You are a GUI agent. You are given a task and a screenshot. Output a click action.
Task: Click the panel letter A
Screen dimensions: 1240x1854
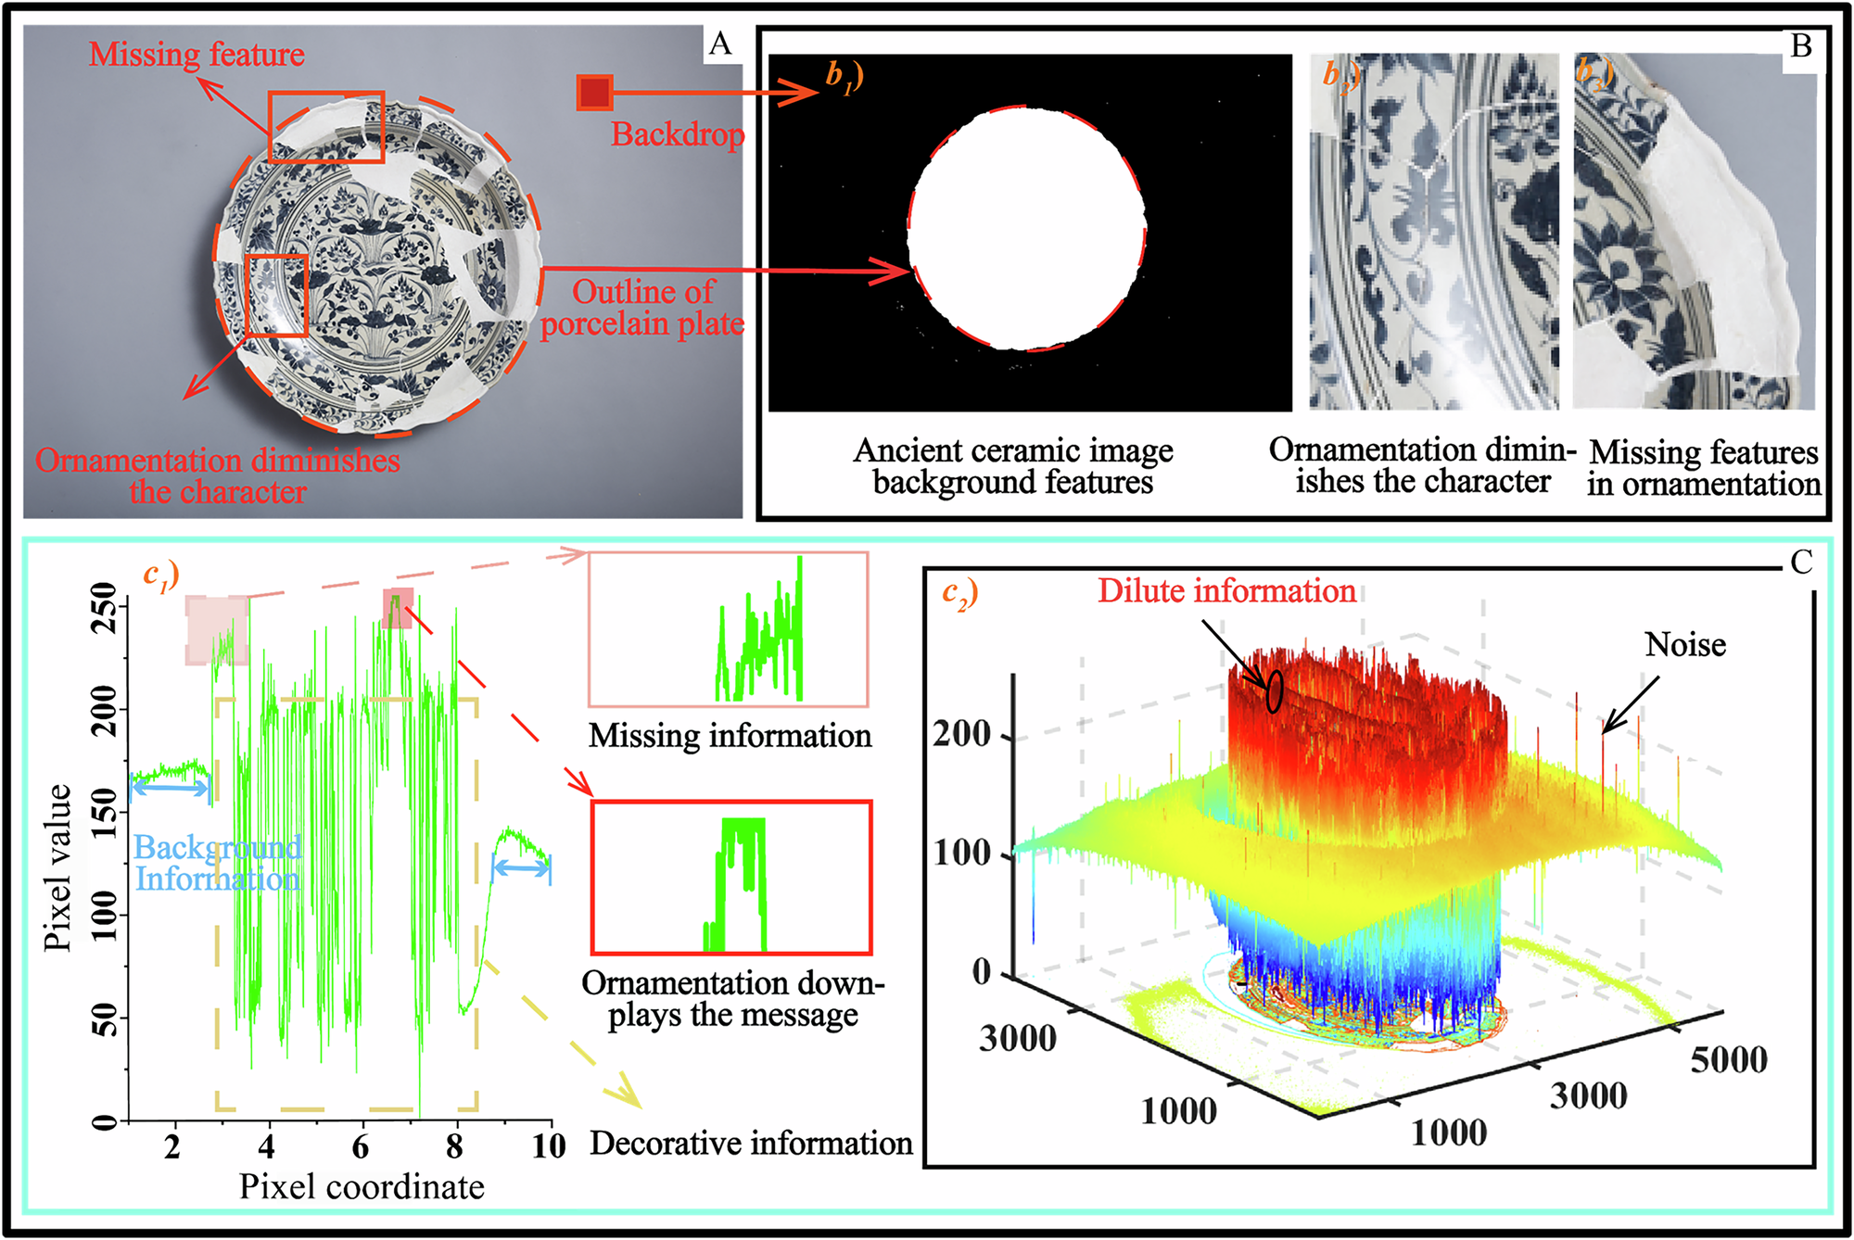coord(720,44)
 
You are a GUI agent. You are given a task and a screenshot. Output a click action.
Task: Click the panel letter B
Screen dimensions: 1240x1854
coord(1801,46)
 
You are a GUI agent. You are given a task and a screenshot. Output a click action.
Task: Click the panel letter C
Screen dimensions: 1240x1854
coord(1801,563)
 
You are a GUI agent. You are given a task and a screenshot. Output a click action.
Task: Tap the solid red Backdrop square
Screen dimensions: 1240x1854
coord(594,93)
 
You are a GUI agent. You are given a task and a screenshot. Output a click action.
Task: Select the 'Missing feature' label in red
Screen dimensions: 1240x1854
coord(197,55)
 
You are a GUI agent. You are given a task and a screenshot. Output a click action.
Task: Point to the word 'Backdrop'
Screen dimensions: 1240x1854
coord(678,135)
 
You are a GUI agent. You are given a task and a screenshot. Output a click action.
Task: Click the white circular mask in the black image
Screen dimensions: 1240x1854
coord(1026,229)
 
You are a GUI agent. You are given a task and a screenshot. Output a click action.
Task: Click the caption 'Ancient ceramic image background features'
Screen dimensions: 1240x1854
coord(1013,466)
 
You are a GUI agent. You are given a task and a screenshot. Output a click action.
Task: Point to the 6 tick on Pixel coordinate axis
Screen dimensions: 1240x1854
coord(361,1147)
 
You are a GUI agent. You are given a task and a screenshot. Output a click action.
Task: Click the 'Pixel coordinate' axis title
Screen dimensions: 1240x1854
coord(362,1187)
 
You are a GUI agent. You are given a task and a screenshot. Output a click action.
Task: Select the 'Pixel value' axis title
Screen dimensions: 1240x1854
coord(57,867)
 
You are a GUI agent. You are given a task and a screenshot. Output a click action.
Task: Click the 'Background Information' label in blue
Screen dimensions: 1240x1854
coord(218,863)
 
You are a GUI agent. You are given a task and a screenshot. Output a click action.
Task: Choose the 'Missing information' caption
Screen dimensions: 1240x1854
coord(730,736)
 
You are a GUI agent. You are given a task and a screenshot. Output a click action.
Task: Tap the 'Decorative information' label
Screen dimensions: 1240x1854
coord(751,1144)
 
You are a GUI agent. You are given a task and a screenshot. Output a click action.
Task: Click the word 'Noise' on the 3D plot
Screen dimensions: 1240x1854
coord(1684,645)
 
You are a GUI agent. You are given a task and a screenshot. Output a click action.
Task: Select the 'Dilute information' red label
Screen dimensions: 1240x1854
coord(1226,591)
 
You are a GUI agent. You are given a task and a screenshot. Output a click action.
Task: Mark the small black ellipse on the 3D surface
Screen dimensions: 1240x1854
coord(1275,691)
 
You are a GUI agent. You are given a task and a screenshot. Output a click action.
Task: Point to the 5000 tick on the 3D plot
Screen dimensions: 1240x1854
coord(1728,1060)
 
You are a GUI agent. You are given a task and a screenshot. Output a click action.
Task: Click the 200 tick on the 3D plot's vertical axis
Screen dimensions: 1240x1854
coord(962,734)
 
